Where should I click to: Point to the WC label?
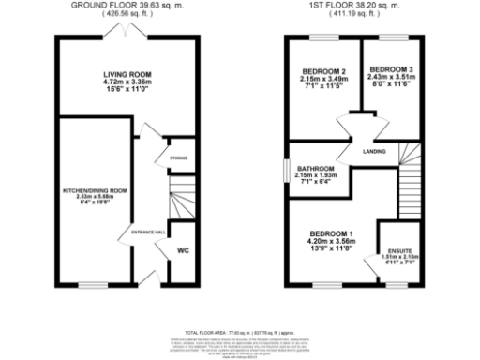click(x=184, y=250)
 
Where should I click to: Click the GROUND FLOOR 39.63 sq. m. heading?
click(x=128, y=5)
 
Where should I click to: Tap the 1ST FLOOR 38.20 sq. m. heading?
click(x=358, y=5)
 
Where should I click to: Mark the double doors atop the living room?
click(x=127, y=35)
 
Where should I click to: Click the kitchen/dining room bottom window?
click(x=93, y=283)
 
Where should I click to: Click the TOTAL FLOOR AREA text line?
click(x=240, y=331)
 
